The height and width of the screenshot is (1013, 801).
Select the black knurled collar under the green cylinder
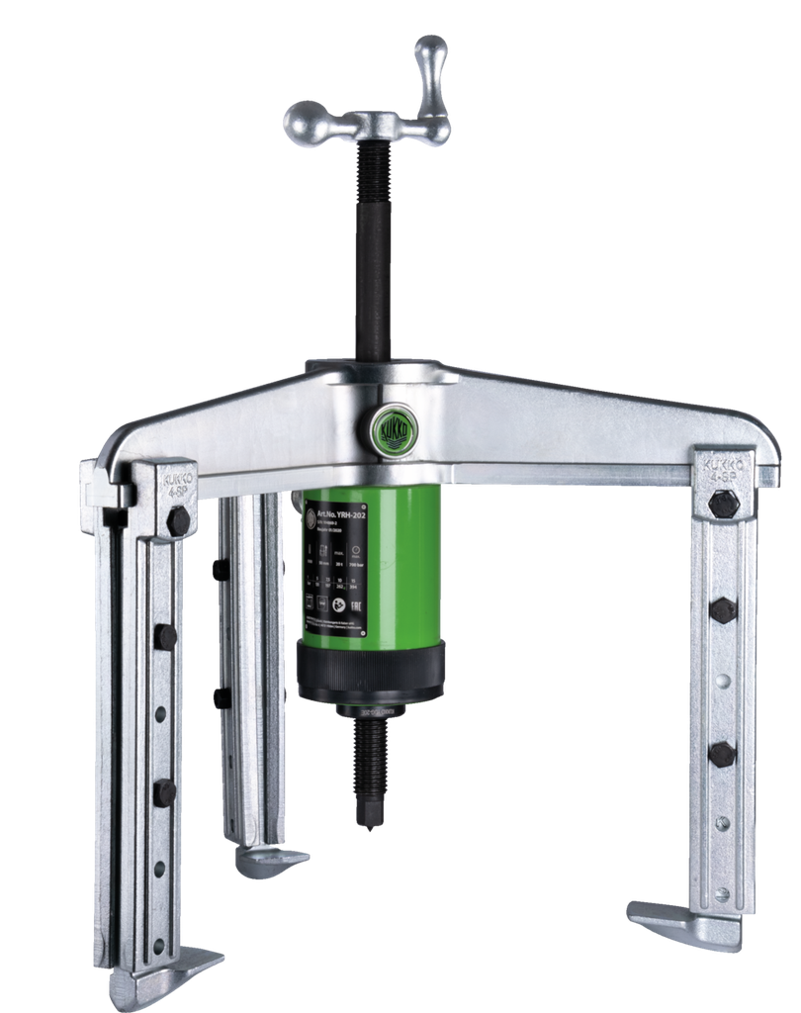(x=371, y=673)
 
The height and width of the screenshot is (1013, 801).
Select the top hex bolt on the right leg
(x=723, y=504)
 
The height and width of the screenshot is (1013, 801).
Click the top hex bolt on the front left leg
(x=178, y=520)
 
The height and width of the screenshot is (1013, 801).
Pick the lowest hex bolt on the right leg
(x=722, y=753)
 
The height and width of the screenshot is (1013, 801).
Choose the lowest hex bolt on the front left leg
(x=164, y=791)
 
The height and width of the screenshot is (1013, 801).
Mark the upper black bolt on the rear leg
(x=220, y=570)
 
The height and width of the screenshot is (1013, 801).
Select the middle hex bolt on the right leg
(x=723, y=610)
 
